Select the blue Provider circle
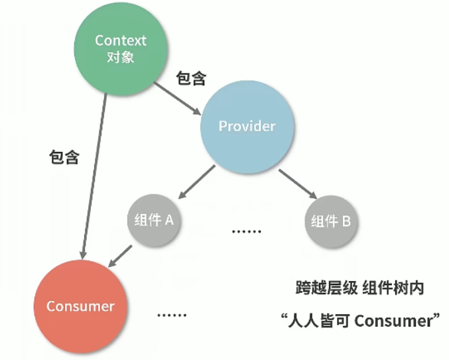(x=247, y=126)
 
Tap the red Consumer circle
(x=80, y=306)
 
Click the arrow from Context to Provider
(x=177, y=98)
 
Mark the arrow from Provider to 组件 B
(x=296, y=184)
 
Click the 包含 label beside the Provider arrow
(x=191, y=79)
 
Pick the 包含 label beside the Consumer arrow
(x=64, y=158)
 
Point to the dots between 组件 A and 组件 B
(x=247, y=231)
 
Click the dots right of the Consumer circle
(x=172, y=314)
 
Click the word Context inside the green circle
(x=120, y=40)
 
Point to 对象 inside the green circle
(x=120, y=57)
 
